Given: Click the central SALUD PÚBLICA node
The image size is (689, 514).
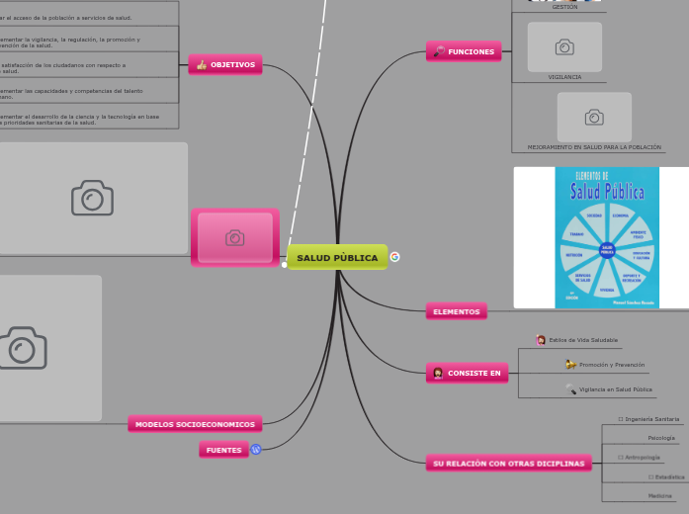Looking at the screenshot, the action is pyautogui.click(x=337, y=258).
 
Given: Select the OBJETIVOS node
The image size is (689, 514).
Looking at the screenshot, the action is pyautogui.click(x=225, y=65).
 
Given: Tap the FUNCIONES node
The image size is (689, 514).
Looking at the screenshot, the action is pyautogui.click(x=464, y=51).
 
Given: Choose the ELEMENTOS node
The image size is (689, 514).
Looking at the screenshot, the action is pyautogui.click(x=457, y=311).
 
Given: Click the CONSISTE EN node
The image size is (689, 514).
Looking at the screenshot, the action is pyautogui.click(x=468, y=373).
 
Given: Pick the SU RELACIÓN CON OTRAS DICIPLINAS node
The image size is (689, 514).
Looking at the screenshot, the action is pyautogui.click(x=508, y=463).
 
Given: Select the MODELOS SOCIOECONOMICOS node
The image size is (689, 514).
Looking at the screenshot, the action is pyautogui.click(x=195, y=424).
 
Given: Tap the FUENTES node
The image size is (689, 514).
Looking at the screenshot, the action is pyautogui.click(x=223, y=450).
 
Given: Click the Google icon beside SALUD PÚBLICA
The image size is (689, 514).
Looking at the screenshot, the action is pyautogui.click(x=395, y=257).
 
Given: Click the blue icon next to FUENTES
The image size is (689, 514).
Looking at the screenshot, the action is pyautogui.click(x=256, y=450).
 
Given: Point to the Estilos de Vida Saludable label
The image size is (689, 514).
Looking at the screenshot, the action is pyautogui.click(x=583, y=340).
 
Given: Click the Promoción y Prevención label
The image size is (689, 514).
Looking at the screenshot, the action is pyautogui.click(x=611, y=365).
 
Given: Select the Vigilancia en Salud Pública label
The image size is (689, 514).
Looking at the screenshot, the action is pyautogui.click(x=615, y=389).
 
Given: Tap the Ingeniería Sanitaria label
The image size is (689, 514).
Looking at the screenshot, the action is pyautogui.click(x=652, y=419).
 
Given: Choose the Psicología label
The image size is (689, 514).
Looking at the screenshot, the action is pyautogui.click(x=661, y=438).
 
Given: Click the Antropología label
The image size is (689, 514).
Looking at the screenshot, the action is pyautogui.click(x=643, y=458).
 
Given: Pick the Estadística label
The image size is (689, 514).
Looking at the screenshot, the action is pyautogui.click(x=669, y=476).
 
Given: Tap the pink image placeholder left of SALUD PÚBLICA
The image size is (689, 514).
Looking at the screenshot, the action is pyautogui.click(x=235, y=237).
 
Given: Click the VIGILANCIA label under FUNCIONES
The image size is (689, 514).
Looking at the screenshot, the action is pyautogui.click(x=564, y=76).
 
